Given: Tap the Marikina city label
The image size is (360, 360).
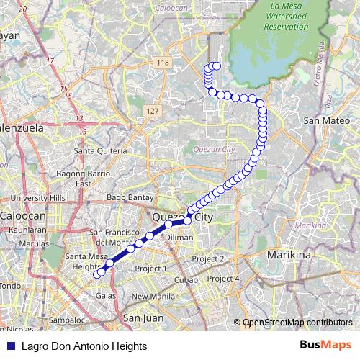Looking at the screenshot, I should [287, 256].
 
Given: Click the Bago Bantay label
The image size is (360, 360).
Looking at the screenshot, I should [127, 197].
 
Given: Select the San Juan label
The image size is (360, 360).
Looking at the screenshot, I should [141, 317].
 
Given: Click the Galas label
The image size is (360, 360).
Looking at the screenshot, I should [106, 296].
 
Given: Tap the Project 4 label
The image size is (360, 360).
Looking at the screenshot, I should [222, 279].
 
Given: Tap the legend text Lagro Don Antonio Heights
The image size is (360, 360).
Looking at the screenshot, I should [79, 346].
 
